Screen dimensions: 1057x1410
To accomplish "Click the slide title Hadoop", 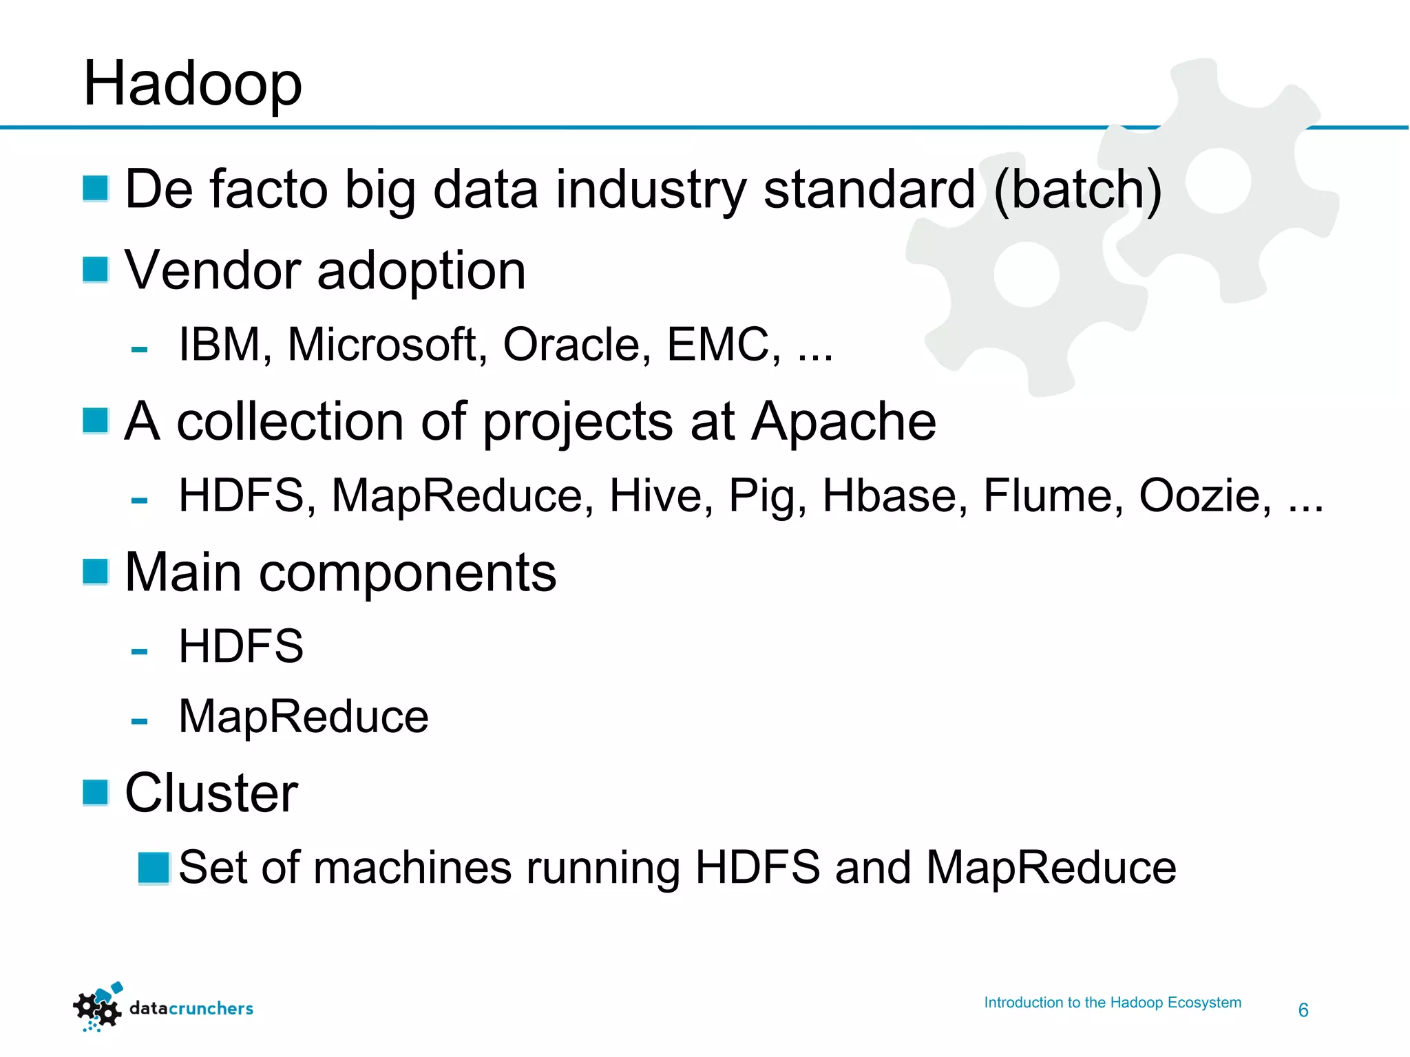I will pos(192,85).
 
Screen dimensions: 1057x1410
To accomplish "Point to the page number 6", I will pos(1303,1010).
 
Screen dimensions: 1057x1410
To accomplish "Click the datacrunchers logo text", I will pos(191,1009).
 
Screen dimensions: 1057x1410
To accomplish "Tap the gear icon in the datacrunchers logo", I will pos(97,1009).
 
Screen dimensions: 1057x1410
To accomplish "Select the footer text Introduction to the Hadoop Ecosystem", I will pos(1113,1003).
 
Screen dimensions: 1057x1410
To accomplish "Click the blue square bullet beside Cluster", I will pos(96,792).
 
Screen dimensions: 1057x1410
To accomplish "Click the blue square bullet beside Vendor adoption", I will pos(96,270).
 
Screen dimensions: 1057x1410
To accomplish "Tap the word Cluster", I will pos(211,793).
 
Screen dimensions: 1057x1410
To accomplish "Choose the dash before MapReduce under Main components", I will pos(139,721).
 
